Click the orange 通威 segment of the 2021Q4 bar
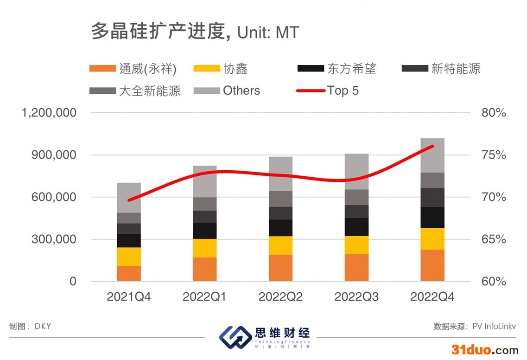click(x=129, y=273)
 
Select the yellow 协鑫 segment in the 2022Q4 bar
click(x=432, y=238)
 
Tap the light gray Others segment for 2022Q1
click(x=205, y=181)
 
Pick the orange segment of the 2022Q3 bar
click(x=356, y=267)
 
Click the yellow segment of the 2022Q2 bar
click(x=281, y=245)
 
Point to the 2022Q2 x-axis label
click(x=280, y=297)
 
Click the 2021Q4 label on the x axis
click(x=129, y=297)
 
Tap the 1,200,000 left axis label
click(x=49, y=113)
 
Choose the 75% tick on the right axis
click(x=494, y=155)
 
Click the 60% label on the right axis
click(x=494, y=282)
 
